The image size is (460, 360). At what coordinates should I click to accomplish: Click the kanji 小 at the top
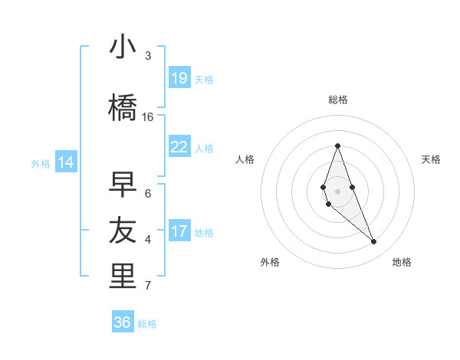(x=123, y=48)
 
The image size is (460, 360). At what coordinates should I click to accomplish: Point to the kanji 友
(x=123, y=230)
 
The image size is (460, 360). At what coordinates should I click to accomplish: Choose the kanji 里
(x=123, y=277)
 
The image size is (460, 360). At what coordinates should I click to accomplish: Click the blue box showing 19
(x=179, y=78)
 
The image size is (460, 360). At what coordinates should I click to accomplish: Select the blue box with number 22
(x=179, y=147)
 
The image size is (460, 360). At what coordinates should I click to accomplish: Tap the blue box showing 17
(x=179, y=231)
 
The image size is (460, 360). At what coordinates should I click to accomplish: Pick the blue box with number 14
(x=66, y=162)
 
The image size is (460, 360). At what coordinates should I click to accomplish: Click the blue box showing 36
(x=123, y=322)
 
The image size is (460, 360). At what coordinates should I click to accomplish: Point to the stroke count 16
(x=148, y=117)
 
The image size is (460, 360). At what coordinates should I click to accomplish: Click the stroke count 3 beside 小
(x=148, y=56)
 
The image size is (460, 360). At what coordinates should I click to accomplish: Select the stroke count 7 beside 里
(x=148, y=286)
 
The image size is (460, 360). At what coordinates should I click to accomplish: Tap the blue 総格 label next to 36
(x=147, y=324)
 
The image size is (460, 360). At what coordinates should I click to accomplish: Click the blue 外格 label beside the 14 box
(x=41, y=163)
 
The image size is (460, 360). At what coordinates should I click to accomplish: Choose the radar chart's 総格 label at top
(x=337, y=100)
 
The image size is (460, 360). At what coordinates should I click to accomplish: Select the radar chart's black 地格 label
(x=402, y=262)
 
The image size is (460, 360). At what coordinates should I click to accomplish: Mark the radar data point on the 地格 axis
(x=373, y=242)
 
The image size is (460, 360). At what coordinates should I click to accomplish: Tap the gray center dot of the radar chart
(x=337, y=190)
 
